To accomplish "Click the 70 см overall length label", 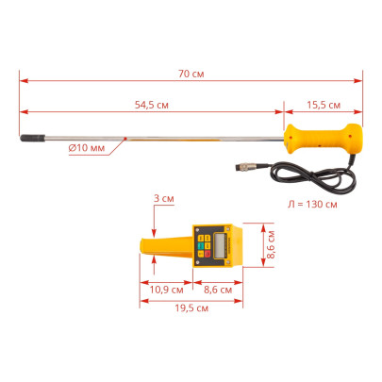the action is click(191, 74).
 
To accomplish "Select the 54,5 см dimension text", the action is click(152, 105).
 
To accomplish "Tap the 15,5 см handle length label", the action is click(324, 105).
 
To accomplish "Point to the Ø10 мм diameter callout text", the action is click(87, 147).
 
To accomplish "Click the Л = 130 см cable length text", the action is click(312, 205).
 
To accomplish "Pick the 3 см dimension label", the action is click(164, 198).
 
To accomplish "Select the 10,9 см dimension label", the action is click(166, 290).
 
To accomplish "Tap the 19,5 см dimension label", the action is click(191, 308).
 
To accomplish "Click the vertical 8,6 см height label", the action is click(271, 244).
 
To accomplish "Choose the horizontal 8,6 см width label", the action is click(218, 290).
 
